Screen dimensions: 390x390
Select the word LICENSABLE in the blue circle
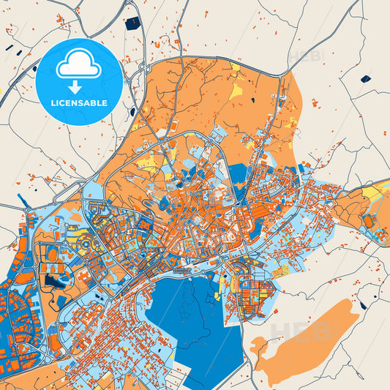pyautogui.click(x=79, y=103)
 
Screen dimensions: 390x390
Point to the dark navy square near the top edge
pyautogui.click(x=132, y=23)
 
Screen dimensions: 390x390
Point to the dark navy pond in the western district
pyautogui.click(x=53, y=280)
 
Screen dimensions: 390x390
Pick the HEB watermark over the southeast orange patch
pyautogui.click(x=293, y=333)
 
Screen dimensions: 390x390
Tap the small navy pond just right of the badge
pyautogui.click(x=132, y=112)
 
